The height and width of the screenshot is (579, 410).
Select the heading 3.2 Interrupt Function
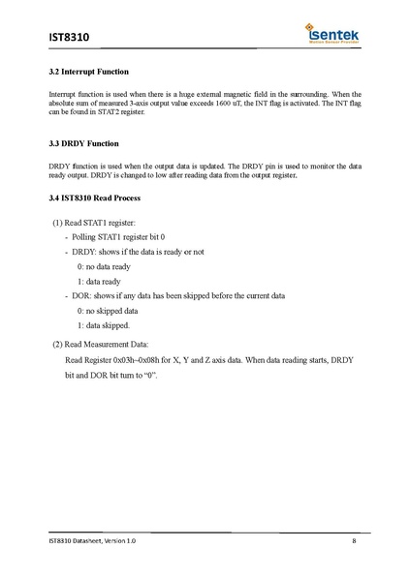89,74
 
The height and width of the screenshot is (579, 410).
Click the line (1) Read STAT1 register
101,224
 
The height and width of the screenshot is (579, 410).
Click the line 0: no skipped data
108,312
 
